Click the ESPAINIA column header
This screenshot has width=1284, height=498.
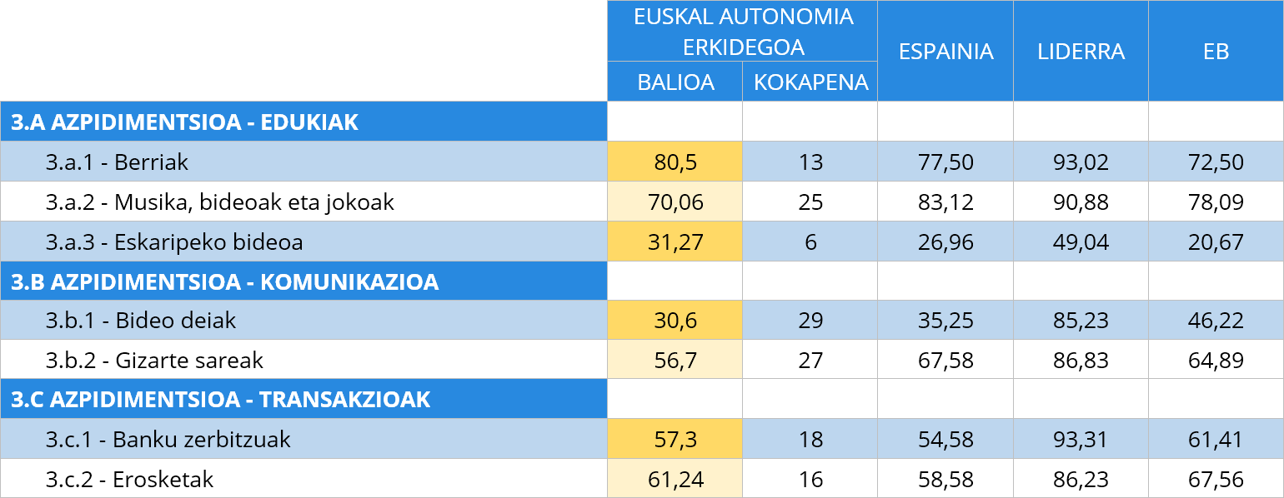coord(945,52)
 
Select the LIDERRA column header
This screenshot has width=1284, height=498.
coord(1081,52)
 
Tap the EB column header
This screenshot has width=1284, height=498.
coord(1216,52)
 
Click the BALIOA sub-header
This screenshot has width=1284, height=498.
coord(675,82)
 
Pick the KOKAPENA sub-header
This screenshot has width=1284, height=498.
coord(810,82)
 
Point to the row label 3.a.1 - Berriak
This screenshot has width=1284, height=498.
coord(117,162)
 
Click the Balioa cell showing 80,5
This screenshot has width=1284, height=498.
coord(675,162)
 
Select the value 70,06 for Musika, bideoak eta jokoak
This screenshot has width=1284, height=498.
coord(675,202)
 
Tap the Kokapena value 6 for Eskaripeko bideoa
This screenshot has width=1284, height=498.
coord(810,242)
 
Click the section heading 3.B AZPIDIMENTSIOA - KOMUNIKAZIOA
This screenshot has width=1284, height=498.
coord(225,281)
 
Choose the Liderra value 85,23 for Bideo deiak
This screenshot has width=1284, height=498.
coord(1081,321)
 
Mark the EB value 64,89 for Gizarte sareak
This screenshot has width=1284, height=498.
coord(1216,361)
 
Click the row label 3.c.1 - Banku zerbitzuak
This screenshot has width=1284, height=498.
coord(168,439)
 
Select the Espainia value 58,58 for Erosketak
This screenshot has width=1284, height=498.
coord(945,479)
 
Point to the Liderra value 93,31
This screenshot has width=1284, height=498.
coord(1081,439)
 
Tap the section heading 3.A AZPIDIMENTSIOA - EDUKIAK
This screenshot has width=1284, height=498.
coord(185,122)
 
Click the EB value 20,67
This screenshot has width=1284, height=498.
coord(1216,242)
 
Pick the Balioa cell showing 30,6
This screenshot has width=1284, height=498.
coord(675,321)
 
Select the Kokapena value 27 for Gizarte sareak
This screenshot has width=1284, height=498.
coord(810,361)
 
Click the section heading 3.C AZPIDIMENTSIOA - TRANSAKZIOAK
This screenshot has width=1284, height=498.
coord(221,400)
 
